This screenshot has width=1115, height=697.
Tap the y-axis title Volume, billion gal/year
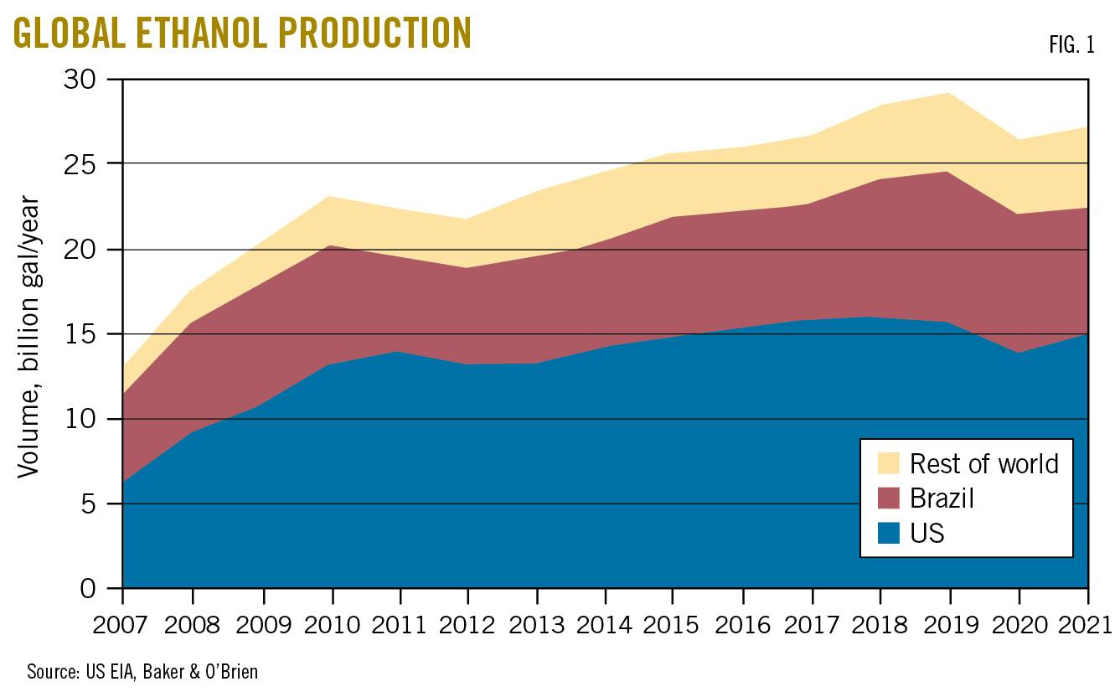tap(29, 337)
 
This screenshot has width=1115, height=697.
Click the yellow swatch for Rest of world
tap(889, 463)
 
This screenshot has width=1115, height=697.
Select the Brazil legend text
tap(942, 498)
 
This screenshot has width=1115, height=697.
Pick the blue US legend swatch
tap(889, 532)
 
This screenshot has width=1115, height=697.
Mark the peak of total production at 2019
tap(949, 93)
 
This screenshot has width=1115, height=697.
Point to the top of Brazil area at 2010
tap(333, 245)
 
